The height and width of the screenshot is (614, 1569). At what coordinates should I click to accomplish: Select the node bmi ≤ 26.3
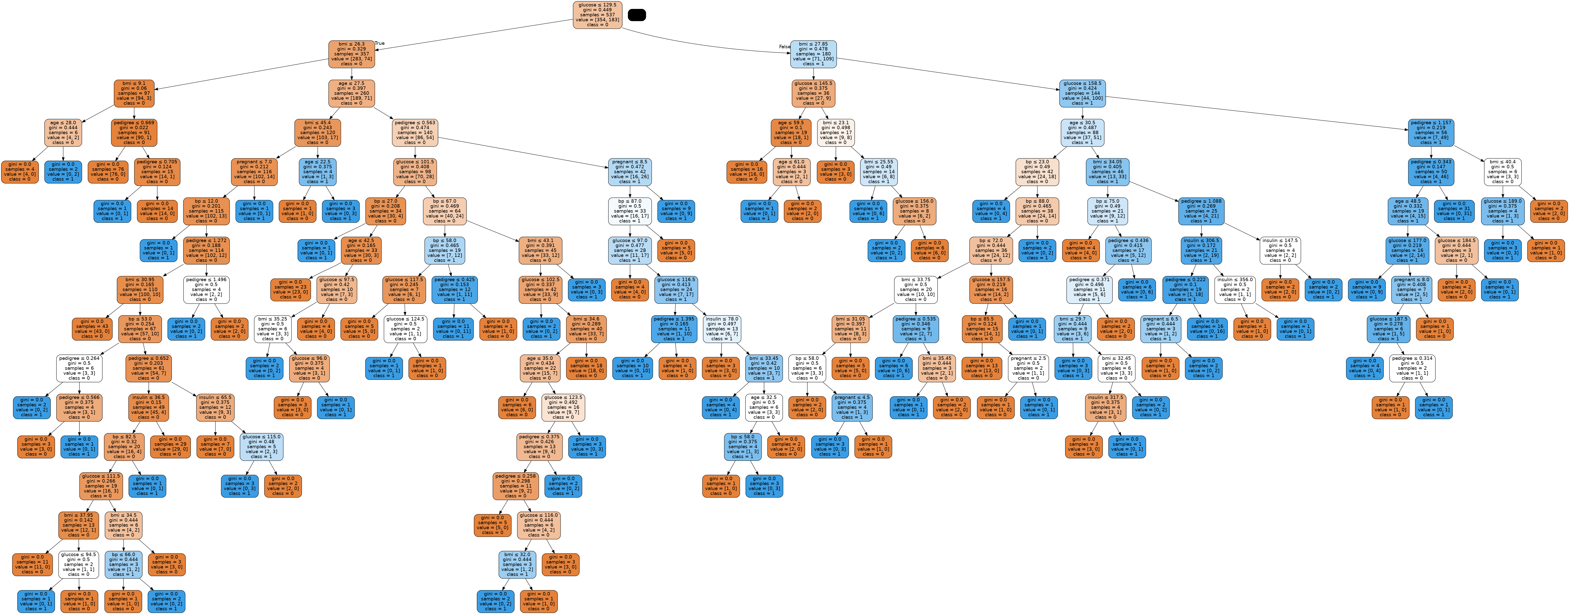[x=351, y=54]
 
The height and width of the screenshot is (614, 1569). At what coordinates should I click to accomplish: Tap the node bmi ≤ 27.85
[x=813, y=54]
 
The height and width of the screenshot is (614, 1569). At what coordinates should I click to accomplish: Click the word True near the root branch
[x=380, y=43]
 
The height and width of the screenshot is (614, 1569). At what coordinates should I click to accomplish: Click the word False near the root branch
[x=784, y=47]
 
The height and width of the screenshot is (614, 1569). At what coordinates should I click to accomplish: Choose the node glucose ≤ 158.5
[x=1082, y=93]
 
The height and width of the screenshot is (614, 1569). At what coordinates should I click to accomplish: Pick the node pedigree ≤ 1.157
[x=1431, y=133]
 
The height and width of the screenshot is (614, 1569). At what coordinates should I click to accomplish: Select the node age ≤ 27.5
[x=351, y=93]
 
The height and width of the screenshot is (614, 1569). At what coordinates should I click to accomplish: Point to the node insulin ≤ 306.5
[x=1201, y=250]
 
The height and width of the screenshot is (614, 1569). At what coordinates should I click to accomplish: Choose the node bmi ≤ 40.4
[x=1503, y=172]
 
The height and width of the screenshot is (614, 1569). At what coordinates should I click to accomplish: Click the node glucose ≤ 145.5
[x=813, y=93]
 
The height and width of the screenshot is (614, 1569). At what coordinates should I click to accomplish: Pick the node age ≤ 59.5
[x=791, y=133]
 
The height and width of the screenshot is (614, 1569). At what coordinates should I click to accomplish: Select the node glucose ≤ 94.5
[x=78, y=564]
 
